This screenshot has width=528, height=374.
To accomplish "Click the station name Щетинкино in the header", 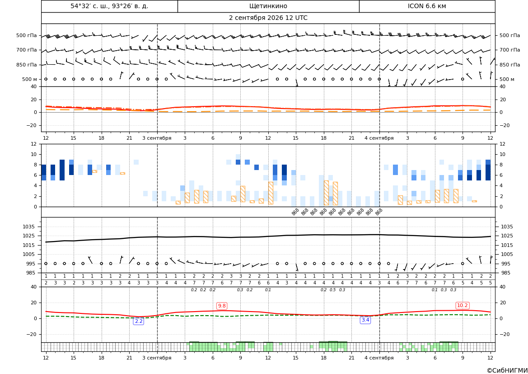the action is [268, 6].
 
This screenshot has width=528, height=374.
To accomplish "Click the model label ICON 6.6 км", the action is [427, 6].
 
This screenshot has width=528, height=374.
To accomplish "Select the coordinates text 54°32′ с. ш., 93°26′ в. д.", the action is [109, 6].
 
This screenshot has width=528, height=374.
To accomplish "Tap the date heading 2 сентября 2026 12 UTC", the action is [268, 18].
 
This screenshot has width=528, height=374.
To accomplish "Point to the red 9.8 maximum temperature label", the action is [222, 306].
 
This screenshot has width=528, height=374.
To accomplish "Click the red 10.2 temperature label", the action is [462, 306].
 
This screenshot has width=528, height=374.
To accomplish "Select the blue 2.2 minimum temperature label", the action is [139, 321].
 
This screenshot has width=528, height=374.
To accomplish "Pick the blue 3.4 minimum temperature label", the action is [365, 320].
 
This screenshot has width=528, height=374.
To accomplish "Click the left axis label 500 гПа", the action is [27, 35].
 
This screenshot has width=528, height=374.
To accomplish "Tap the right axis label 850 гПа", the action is [510, 65].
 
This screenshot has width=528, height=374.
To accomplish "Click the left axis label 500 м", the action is [30, 79].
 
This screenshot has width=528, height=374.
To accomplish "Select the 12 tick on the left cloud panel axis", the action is [33, 144].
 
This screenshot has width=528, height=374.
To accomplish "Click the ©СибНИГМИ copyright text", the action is [507, 370].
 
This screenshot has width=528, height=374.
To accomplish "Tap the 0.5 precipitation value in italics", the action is [333, 290].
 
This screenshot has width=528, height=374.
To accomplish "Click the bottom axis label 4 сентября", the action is [379, 358].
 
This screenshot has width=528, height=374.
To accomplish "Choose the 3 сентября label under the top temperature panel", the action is [157, 138].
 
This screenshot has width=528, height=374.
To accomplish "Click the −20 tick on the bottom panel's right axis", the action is [506, 334].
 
